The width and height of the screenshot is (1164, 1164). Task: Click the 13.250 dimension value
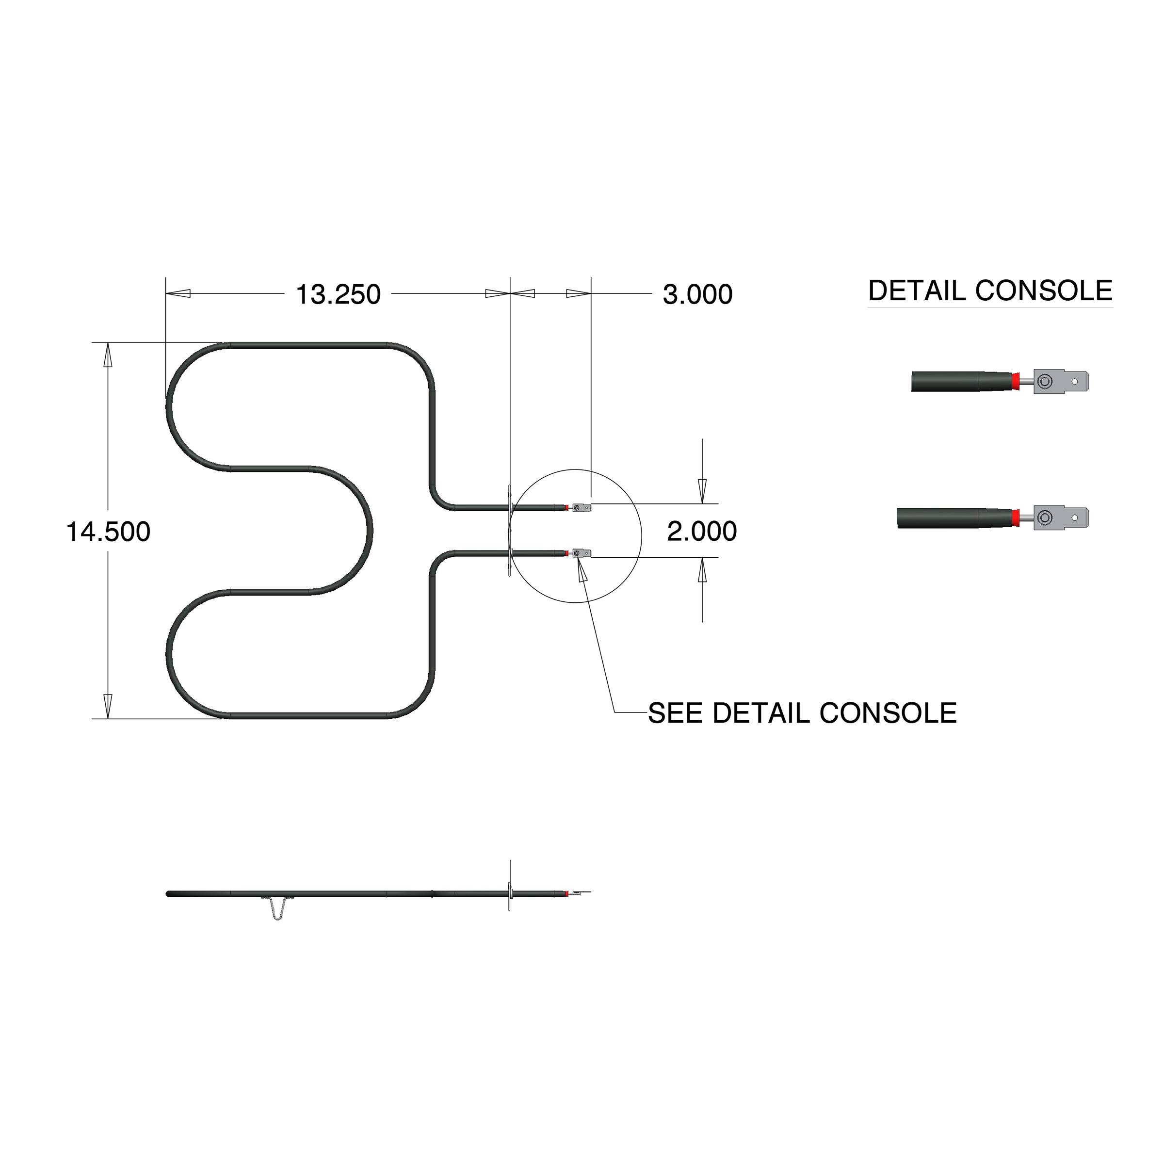point(338,294)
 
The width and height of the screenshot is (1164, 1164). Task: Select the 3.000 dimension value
point(697,294)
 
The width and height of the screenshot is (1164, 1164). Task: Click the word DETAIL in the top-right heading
point(916,291)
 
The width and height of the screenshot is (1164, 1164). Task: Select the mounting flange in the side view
point(510,894)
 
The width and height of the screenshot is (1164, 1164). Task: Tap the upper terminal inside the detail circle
point(582,508)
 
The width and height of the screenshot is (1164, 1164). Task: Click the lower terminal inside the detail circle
point(582,553)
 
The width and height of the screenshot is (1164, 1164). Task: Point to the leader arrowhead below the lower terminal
point(582,569)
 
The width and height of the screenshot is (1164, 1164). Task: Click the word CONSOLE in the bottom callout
point(888,713)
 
